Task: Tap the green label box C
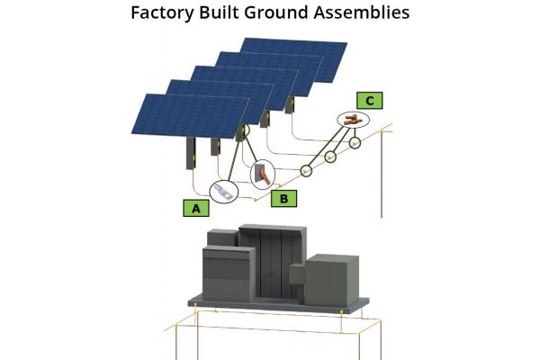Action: [x=370, y=101]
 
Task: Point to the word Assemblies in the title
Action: [x=358, y=13]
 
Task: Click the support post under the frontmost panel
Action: [x=193, y=154]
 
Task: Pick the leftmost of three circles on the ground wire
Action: [x=308, y=168]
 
